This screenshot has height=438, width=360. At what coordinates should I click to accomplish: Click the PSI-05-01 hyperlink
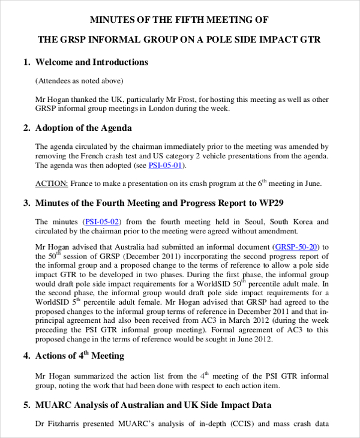click(x=166, y=166)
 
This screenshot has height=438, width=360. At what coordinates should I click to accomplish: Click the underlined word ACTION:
click(x=52, y=184)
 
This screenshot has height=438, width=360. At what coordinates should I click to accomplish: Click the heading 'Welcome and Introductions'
click(x=91, y=62)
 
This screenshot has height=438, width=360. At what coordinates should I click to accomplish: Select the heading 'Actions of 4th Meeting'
click(x=80, y=356)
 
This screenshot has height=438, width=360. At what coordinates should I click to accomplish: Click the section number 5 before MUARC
click(x=26, y=405)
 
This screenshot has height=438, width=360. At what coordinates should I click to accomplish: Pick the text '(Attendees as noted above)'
click(x=79, y=81)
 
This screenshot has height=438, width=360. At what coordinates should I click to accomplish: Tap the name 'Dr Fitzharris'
click(x=61, y=424)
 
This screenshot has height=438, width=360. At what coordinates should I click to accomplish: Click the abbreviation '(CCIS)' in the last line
click(x=239, y=424)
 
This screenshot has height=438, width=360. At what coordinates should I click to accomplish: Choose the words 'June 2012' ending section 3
click(x=252, y=338)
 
